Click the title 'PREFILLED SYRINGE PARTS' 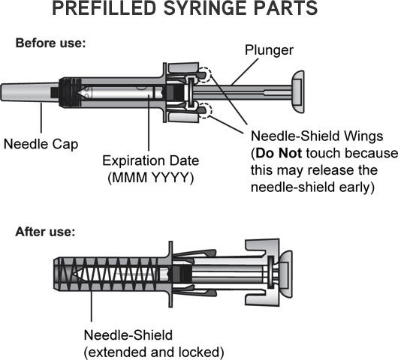pyautogui.click(x=185, y=8)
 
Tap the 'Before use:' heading pyautogui.click(x=51, y=43)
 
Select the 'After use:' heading pyautogui.click(x=46, y=232)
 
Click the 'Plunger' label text pyautogui.click(x=269, y=50)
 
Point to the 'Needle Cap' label pyautogui.click(x=41, y=144)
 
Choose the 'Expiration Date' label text pyautogui.click(x=150, y=160)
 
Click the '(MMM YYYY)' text pyautogui.click(x=150, y=178)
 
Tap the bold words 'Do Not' pyautogui.click(x=279, y=153)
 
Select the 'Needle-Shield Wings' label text pyautogui.click(x=317, y=136)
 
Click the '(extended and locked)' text pyautogui.click(x=154, y=352)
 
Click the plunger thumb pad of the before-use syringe pyautogui.click(x=297, y=91)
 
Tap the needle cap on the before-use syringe pyautogui.click(x=30, y=92)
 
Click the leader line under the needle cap pyautogui.click(x=41, y=118)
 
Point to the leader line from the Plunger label pyautogui.click(x=245, y=71)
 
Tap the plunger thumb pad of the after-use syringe pyautogui.click(x=286, y=274)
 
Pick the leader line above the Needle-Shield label pyautogui.click(x=92, y=306)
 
